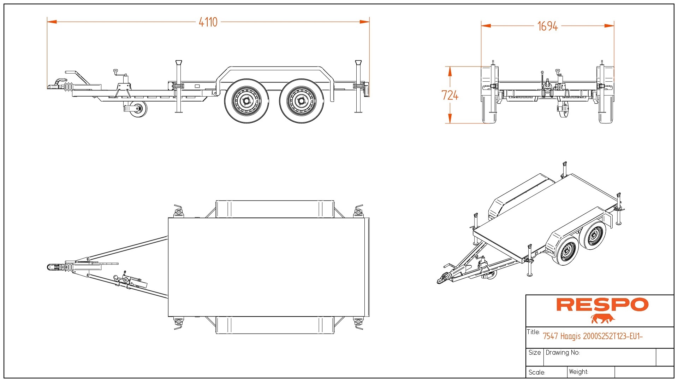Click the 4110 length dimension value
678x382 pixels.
point(208,22)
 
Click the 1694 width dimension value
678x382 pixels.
point(547,26)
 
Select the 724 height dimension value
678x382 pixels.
point(450,95)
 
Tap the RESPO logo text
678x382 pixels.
point(602,305)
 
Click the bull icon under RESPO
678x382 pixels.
point(602,319)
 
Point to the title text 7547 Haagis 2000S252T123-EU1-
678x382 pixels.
point(593,336)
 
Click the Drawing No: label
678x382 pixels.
point(563,353)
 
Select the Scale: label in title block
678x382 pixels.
point(537,372)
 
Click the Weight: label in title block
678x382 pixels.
point(578,372)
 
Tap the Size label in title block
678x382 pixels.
point(534,353)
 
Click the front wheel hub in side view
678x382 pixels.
point(246,101)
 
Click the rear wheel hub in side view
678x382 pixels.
point(301,101)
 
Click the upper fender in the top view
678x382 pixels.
point(275,209)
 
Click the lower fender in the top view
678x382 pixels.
point(275,325)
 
